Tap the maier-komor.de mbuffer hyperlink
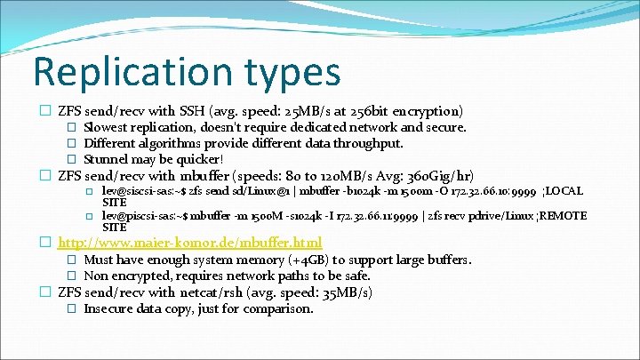coord(189,242)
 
